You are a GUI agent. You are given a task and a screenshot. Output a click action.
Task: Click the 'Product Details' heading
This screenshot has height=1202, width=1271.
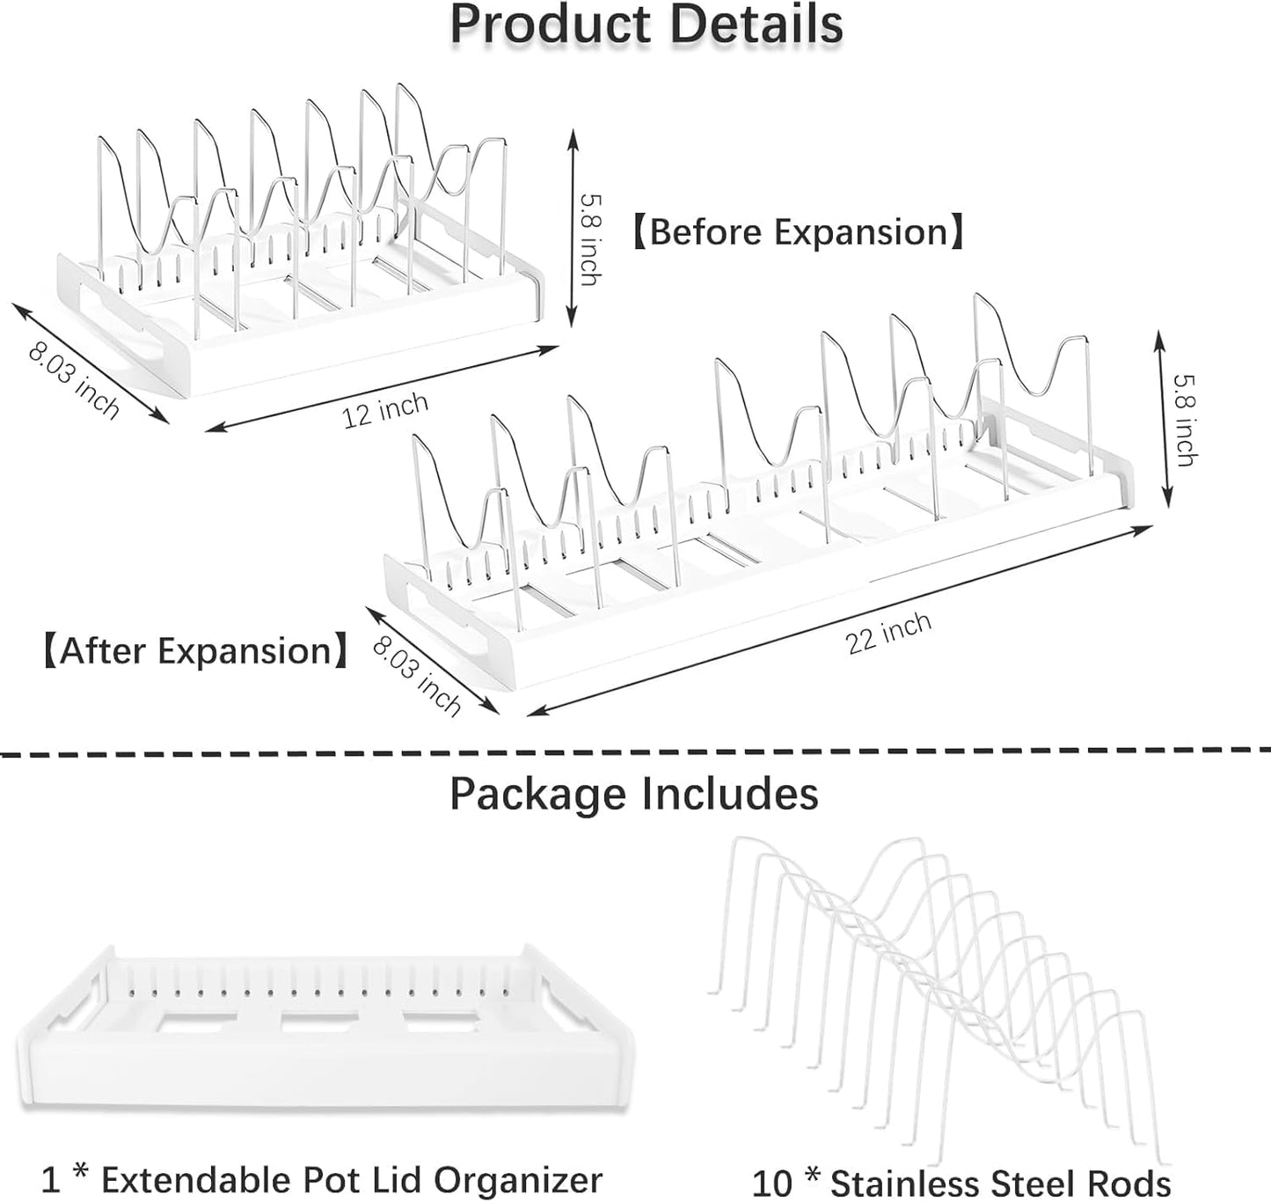(646, 25)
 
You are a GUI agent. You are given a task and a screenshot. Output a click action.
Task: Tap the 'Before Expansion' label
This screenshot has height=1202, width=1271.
(799, 232)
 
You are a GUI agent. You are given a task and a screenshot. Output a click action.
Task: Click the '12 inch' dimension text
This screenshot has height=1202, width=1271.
(385, 410)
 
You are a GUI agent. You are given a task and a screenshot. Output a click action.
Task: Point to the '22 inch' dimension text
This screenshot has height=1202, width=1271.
(889, 632)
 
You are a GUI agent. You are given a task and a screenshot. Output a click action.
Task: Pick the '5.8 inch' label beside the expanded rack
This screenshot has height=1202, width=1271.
(1185, 418)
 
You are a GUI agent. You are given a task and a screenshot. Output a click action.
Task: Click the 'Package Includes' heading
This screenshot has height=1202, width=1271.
(634, 794)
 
